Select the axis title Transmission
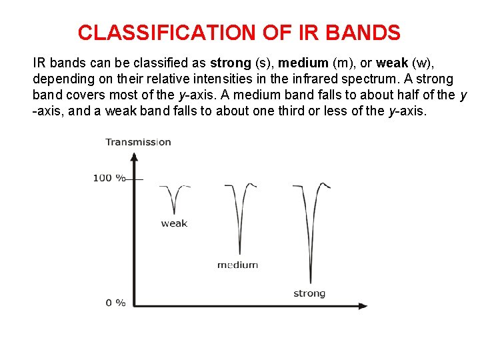tap(138, 142)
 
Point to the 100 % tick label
tap(109, 178)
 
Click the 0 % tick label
tap(115, 303)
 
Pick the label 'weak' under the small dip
tap(174, 224)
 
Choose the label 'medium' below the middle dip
tap(237, 265)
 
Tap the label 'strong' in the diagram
tap(309, 293)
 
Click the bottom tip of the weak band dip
tap(174, 213)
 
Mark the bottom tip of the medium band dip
tap(240, 253)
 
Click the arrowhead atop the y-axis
tap(134, 157)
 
